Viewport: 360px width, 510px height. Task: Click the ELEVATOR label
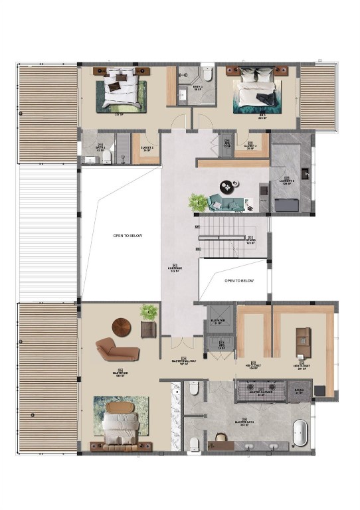point(219,321)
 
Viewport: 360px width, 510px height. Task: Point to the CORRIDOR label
point(175,269)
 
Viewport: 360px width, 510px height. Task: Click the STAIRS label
point(251,242)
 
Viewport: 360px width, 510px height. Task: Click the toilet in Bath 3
point(207,76)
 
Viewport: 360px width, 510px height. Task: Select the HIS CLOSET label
point(252,366)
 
